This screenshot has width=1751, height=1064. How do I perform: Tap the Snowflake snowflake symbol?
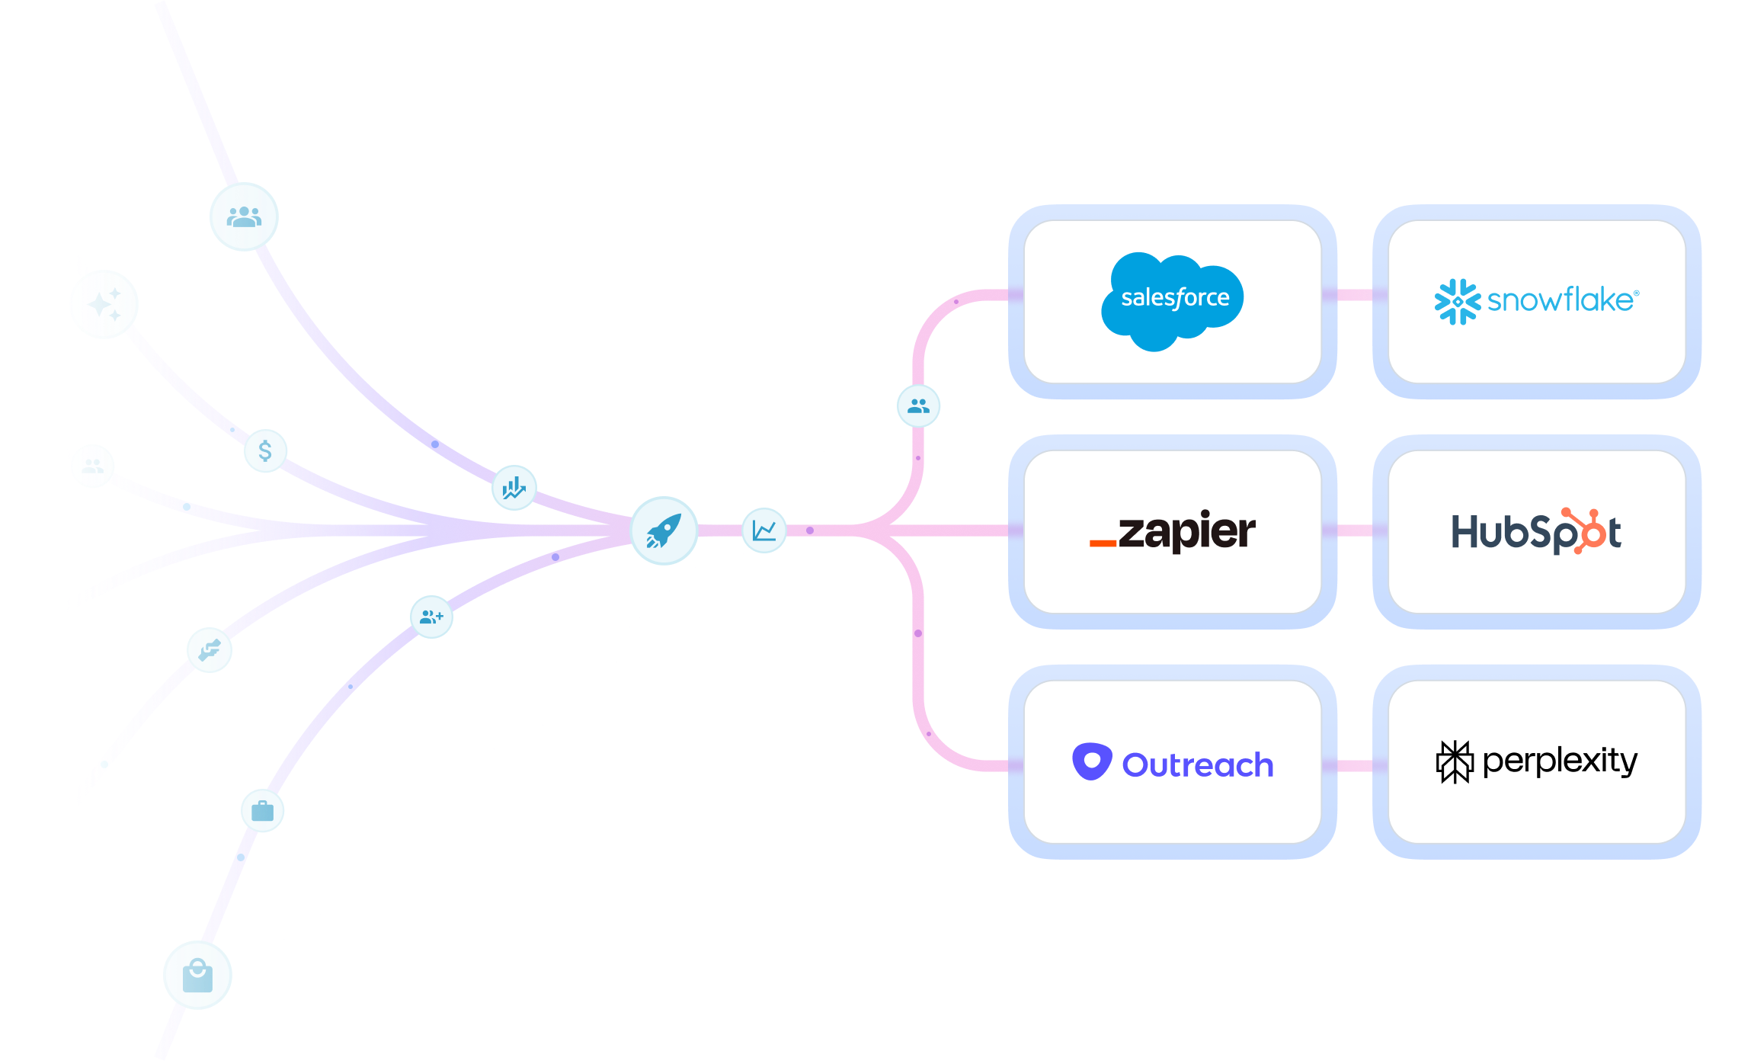(x=1457, y=302)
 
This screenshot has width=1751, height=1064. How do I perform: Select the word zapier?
(x=1187, y=531)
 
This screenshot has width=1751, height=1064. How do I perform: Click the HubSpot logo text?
(x=1536, y=531)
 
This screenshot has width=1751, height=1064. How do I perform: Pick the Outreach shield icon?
(x=1092, y=761)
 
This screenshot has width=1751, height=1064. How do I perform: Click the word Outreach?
(x=1198, y=764)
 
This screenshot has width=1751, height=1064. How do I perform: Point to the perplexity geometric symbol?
(x=1455, y=761)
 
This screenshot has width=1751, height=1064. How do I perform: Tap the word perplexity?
(x=1560, y=761)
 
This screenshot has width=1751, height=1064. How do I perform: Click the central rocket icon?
(x=664, y=531)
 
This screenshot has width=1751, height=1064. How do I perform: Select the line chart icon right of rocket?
(x=763, y=530)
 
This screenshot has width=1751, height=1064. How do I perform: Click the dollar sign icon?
(x=265, y=450)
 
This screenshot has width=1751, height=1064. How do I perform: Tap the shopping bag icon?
(x=197, y=976)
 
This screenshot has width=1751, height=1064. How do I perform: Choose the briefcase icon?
(x=262, y=810)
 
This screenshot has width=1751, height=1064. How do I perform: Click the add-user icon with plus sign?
(x=431, y=617)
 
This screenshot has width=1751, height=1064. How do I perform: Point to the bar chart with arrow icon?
(x=514, y=488)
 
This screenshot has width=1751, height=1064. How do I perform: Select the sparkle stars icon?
(x=104, y=304)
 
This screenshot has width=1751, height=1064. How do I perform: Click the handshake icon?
(x=210, y=650)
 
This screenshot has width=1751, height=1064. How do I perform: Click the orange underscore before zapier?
(x=1103, y=543)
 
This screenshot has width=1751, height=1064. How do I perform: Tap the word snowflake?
(x=1562, y=300)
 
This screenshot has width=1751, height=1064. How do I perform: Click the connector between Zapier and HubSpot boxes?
(x=1355, y=530)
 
